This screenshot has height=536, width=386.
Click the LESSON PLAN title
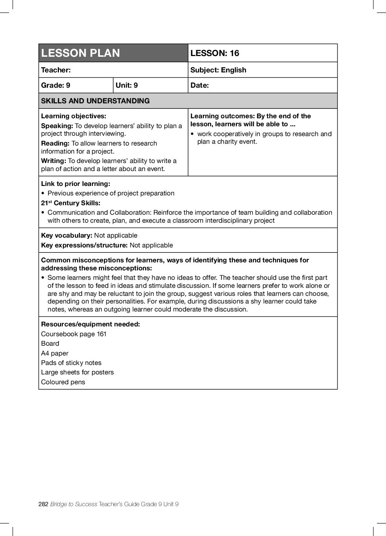80,53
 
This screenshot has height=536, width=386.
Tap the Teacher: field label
56,70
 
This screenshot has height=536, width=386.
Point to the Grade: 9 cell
56,86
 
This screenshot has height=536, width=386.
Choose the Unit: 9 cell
126,86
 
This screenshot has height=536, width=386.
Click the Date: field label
200,86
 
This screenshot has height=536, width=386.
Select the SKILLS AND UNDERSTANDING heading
95,101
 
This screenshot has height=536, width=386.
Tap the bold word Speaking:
57,126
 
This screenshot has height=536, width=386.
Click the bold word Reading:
55,143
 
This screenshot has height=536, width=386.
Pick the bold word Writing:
53,161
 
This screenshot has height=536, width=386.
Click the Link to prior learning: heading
76,184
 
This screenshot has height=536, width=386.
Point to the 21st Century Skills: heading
71,203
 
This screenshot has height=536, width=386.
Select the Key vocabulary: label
67,235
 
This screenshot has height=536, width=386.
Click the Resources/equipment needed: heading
91,324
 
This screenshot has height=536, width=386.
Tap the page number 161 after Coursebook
101,334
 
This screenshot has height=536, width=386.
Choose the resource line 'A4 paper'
55,353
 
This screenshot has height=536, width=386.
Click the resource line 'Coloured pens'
63,382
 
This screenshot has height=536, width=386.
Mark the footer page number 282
43,504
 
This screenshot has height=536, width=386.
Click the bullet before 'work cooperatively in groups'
192,134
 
